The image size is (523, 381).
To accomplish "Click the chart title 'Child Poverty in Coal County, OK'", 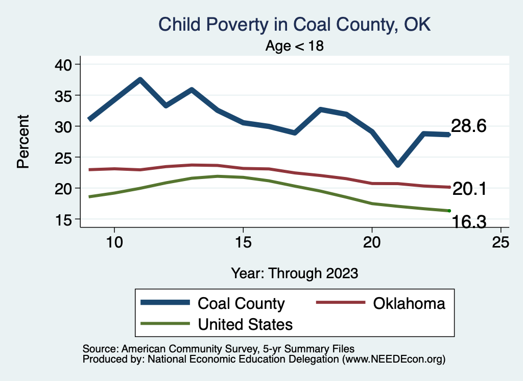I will (x=295, y=25).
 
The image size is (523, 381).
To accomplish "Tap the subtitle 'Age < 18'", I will (x=295, y=46).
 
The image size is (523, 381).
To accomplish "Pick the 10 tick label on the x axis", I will (x=114, y=242).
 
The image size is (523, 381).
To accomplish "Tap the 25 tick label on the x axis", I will (x=501, y=242).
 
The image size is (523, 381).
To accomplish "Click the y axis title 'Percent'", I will (x=23, y=142).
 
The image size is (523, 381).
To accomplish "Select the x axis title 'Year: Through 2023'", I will (x=294, y=273).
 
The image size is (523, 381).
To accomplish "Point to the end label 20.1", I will (x=468, y=190).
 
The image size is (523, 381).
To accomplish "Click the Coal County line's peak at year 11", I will (x=140, y=80).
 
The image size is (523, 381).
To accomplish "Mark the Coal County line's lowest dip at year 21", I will (x=397, y=165).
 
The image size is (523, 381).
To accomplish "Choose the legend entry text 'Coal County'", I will (x=241, y=303).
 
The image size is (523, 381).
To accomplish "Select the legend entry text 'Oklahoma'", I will (x=409, y=303).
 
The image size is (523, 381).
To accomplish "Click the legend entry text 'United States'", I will (x=245, y=324).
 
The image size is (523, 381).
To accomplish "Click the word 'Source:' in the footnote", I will (x=99, y=348).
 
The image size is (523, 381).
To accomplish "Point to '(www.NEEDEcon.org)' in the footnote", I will (x=394, y=360).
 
